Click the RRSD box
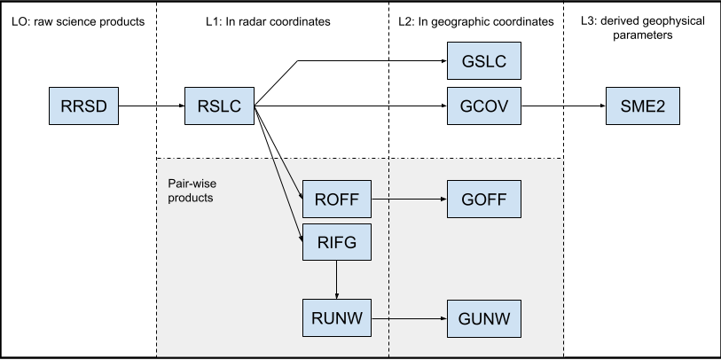pyautogui.click(x=83, y=108)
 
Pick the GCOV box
pyautogui.click(x=484, y=108)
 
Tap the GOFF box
pyautogui.click(x=484, y=200)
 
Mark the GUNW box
pyautogui.click(x=484, y=317)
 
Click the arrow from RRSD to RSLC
pyautogui.click(x=151, y=108)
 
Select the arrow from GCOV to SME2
pyautogui.click(x=562, y=108)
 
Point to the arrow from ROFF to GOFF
pyautogui.click(x=411, y=200)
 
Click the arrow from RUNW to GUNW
pyautogui.click(x=411, y=317)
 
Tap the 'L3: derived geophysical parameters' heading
pyautogui.click(x=640, y=28)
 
